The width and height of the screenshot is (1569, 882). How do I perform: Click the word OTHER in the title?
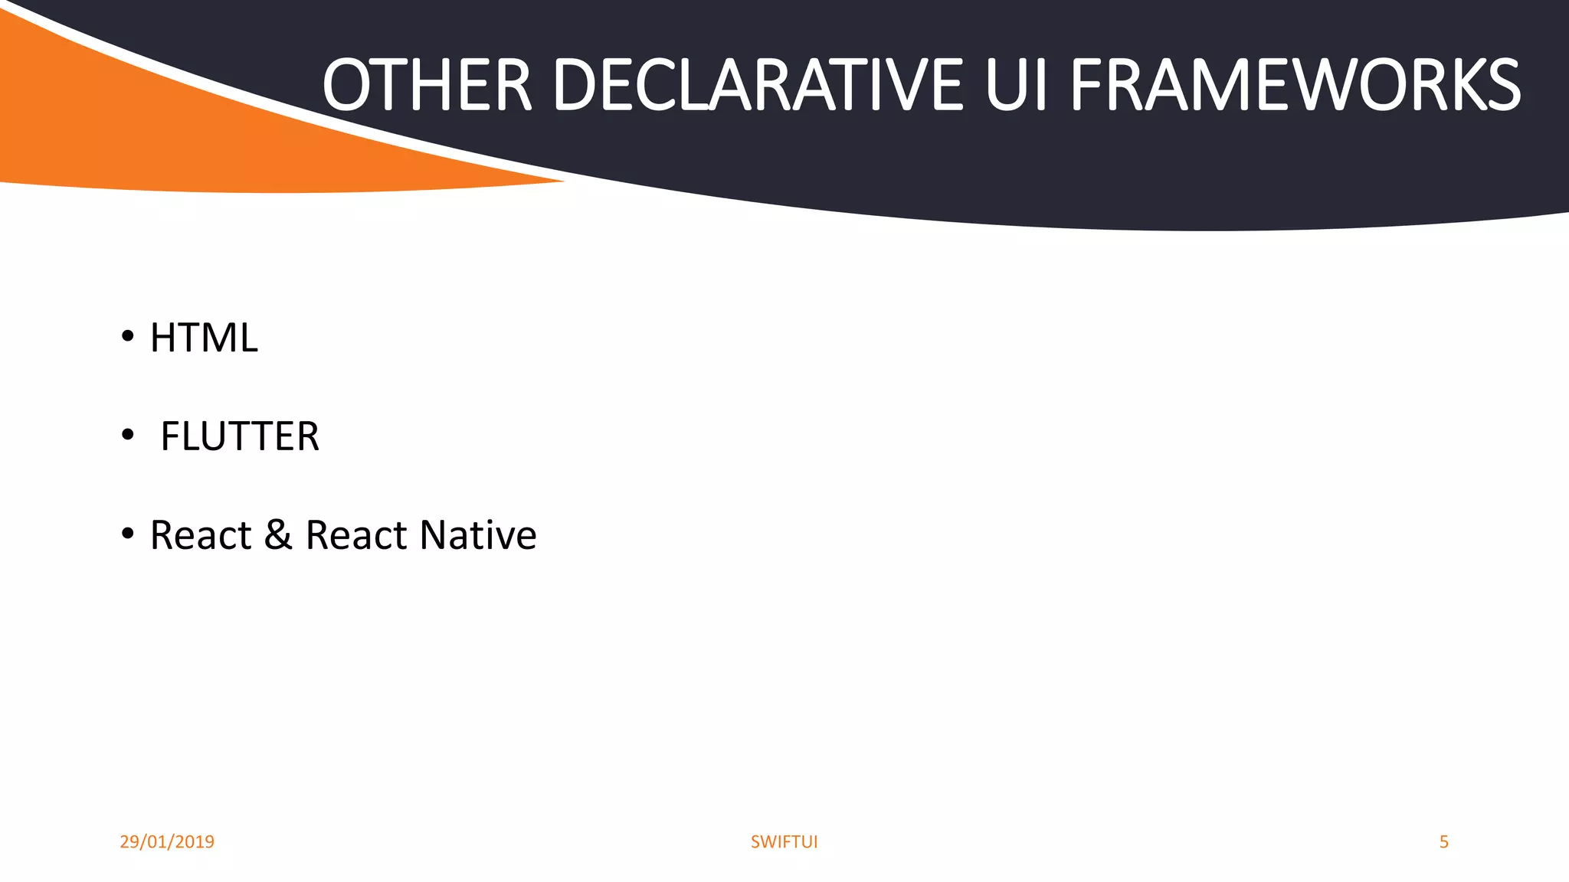click(427, 85)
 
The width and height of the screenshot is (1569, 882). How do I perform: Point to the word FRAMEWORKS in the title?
click(1295, 85)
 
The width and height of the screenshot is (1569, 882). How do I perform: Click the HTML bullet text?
click(204, 338)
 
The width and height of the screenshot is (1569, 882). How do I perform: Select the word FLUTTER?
click(240, 436)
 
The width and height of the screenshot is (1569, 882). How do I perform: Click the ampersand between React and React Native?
click(278, 534)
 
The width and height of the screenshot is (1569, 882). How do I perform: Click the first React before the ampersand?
click(201, 534)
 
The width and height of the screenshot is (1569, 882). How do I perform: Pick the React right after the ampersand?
click(356, 534)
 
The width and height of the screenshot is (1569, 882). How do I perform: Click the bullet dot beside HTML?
click(128, 335)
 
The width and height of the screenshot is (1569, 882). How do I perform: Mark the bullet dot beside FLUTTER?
click(128, 434)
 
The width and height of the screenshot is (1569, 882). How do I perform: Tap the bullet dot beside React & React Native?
click(128, 533)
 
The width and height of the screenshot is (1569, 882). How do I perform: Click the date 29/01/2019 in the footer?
click(167, 841)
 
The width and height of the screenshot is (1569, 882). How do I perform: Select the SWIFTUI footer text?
click(784, 841)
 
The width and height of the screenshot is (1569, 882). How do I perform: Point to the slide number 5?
click(1443, 841)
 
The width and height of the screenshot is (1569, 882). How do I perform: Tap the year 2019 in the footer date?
click(195, 841)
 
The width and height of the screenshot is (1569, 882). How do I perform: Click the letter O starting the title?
click(347, 85)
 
